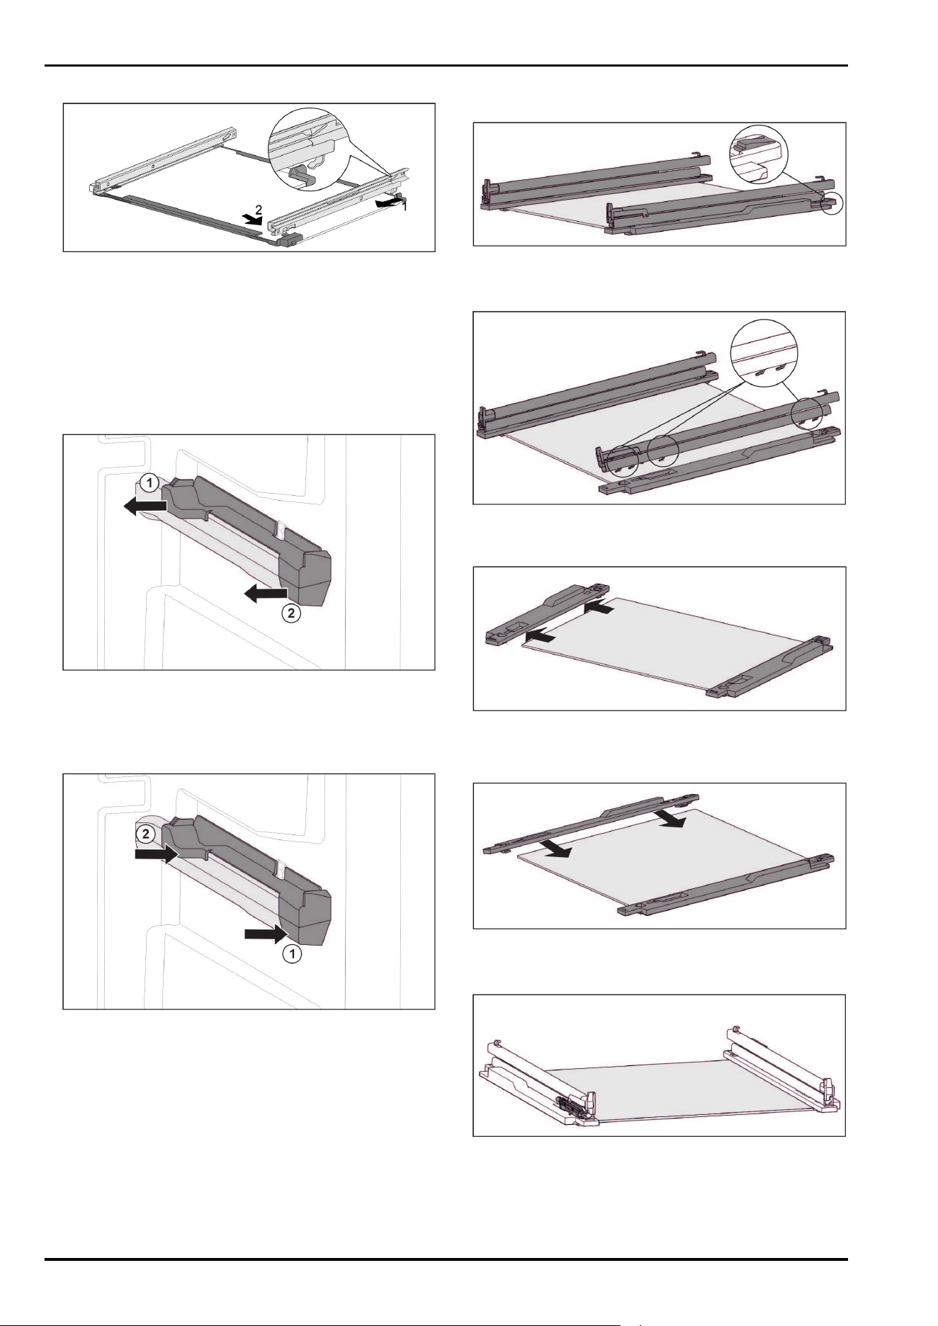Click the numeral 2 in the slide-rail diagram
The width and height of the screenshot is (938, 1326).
click(x=259, y=210)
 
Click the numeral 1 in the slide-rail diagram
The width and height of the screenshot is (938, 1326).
click(x=405, y=206)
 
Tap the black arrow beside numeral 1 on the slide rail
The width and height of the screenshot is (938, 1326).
click(x=390, y=203)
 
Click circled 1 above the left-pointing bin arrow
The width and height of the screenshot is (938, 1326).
click(x=148, y=484)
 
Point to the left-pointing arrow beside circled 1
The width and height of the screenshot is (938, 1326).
click(x=145, y=506)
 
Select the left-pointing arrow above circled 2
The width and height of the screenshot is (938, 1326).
click(x=266, y=594)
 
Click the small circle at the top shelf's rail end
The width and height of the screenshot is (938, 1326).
click(x=832, y=203)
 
